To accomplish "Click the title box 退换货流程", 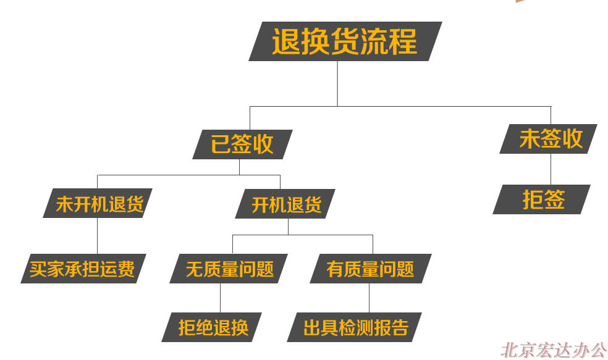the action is click(x=345, y=41).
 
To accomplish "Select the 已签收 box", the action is click(x=242, y=144).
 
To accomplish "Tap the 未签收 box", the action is click(x=548, y=139).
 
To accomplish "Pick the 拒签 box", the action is click(x=542, y=199).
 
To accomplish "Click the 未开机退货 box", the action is click(x=98, y=203).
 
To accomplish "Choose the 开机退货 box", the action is click(x=285, y=204).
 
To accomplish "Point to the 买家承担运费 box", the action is click(x=83, y=269).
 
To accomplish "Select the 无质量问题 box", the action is click(x=229, y=269).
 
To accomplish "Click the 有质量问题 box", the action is click(x=371, y=269).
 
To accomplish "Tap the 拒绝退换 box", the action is click(x=212, y=327).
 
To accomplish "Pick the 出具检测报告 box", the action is click(x=355, y=327).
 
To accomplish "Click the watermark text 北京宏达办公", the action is click(x=554, y=350).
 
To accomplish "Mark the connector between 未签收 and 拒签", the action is click(x=551, y=169).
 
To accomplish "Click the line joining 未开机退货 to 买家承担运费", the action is click(x=97, y=236).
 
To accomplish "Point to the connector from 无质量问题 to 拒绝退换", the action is click(x=220, y=298).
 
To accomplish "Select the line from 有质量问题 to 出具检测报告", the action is click(x=369, y=298).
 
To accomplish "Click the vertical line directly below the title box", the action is click(x=337, y=84).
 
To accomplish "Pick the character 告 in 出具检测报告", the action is click(x=400, y=327).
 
